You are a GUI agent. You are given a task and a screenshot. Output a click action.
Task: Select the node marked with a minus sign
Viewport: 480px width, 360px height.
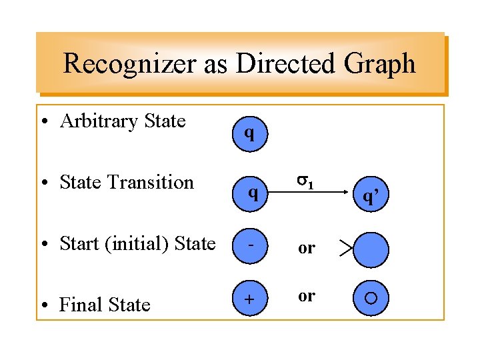251,245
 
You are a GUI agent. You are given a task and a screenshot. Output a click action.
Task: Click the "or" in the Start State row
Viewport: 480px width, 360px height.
306,249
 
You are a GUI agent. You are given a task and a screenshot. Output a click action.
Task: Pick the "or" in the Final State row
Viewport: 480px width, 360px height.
306,295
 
